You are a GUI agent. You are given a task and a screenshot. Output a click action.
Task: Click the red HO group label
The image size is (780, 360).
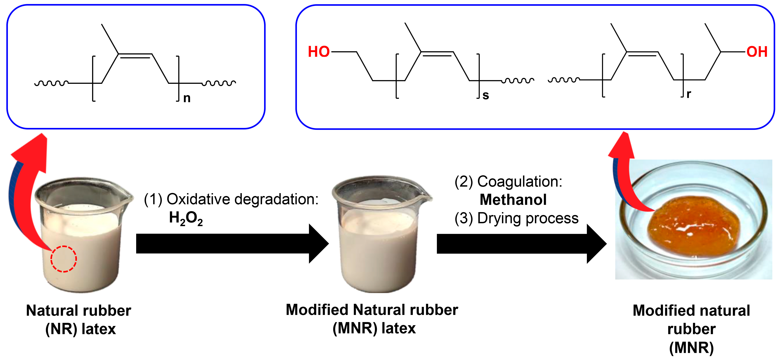click(x=319, y=52)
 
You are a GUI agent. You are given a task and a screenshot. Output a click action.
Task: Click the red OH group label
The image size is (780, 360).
click(x=757, y=52)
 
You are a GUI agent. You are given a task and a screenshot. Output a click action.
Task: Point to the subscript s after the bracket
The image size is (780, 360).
click(x=486, y=95)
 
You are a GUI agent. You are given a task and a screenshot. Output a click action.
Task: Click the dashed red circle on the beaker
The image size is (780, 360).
click(x=64, y=259)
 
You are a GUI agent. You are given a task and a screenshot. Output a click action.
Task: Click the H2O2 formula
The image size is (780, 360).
click(x=186, y=218)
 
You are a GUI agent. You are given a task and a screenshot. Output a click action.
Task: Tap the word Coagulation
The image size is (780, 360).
click(x=519, y=182)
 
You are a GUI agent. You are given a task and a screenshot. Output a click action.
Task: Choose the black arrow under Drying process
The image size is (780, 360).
click(x=521, y=244)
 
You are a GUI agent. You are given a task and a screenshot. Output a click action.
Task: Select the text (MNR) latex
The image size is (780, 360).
click(x=374, y=328)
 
